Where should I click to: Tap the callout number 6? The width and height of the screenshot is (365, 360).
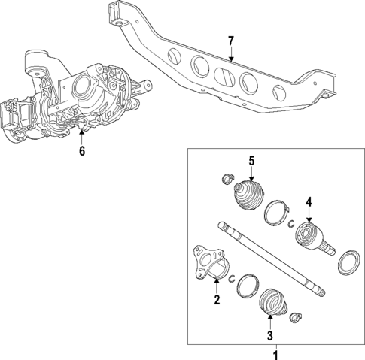pos(82,151)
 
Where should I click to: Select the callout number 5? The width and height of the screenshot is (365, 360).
pos(252,160)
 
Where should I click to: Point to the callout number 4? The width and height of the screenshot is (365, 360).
pos(308,201)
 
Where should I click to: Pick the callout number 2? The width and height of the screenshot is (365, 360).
pos(216,301)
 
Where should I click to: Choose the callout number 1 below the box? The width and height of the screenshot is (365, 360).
pos(275,353)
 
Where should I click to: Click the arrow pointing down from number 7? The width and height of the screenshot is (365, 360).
pos(231,54)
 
